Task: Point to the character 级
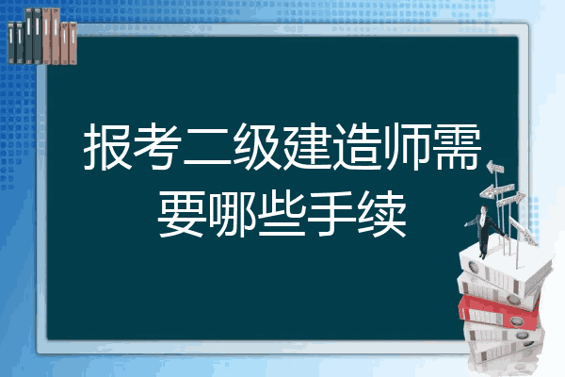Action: (257, 146)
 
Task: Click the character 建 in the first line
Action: (307, 146)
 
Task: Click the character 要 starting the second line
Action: (182, 214)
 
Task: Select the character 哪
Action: (232, 214)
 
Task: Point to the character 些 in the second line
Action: (282, 214)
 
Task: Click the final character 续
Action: (382, 214)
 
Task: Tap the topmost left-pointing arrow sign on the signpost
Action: (495, 167)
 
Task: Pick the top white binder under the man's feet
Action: (505, 269)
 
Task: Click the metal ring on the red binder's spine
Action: (516, 320)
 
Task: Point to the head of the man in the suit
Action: (484, 209)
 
